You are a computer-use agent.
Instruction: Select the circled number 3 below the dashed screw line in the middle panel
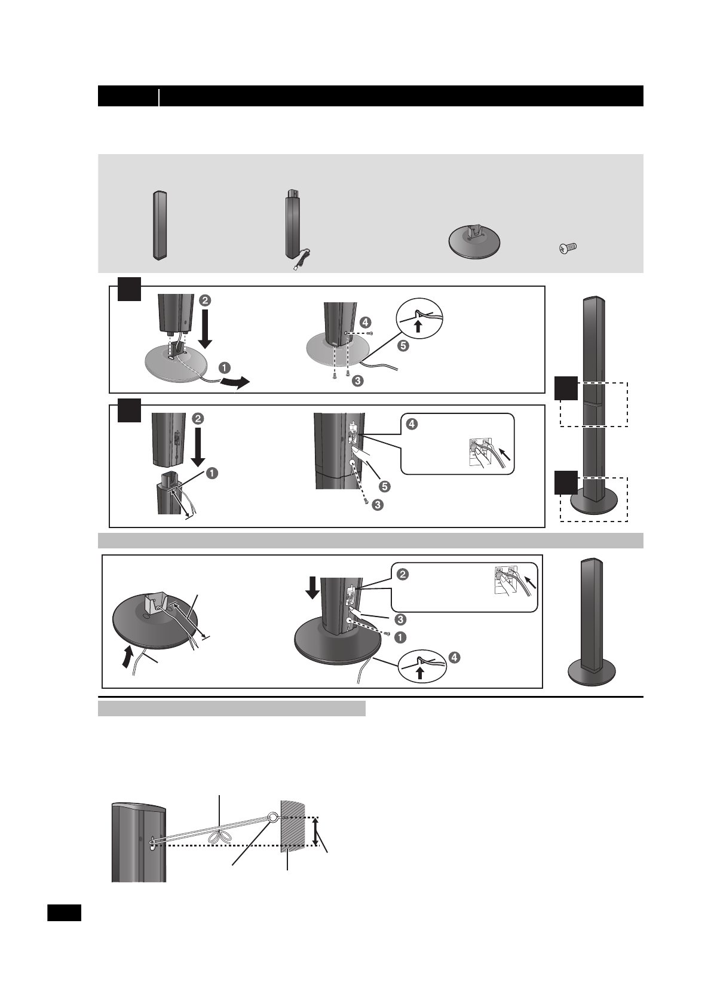tap(377, 505)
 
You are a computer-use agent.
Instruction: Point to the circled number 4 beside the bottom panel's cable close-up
tap(454, 658)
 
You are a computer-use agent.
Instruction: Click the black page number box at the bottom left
tap(64, 913)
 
